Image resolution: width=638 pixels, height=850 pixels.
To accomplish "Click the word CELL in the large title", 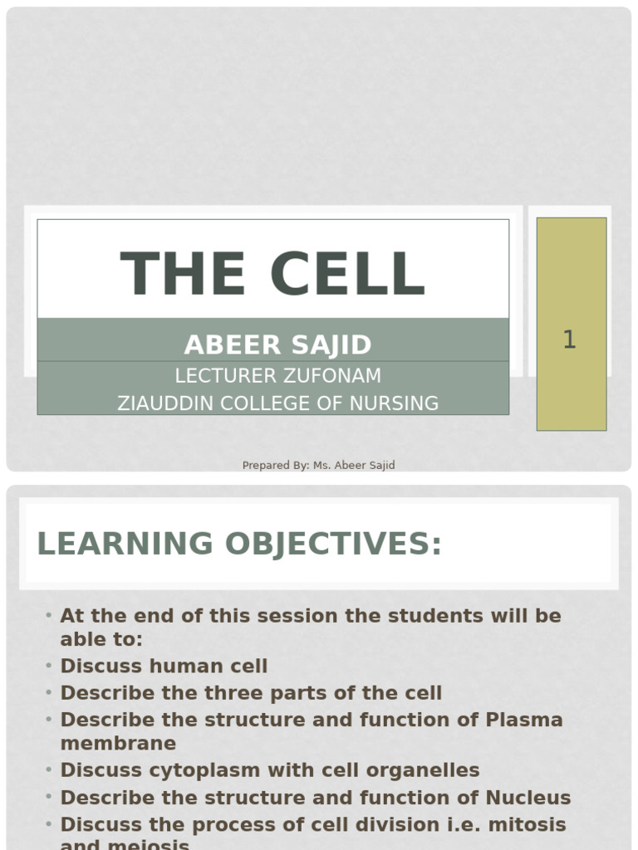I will [348, 274].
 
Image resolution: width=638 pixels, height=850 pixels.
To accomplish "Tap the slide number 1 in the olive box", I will [569, 340].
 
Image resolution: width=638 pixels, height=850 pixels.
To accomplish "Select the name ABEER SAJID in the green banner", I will [277, 344].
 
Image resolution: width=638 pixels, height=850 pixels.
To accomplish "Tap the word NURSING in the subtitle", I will [394, 403].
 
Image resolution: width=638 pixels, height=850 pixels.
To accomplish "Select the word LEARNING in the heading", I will [125, 544].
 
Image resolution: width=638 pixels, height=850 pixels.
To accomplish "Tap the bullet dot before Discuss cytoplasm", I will [49, 770].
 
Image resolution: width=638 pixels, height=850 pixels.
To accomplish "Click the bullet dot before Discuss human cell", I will [49, 666].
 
